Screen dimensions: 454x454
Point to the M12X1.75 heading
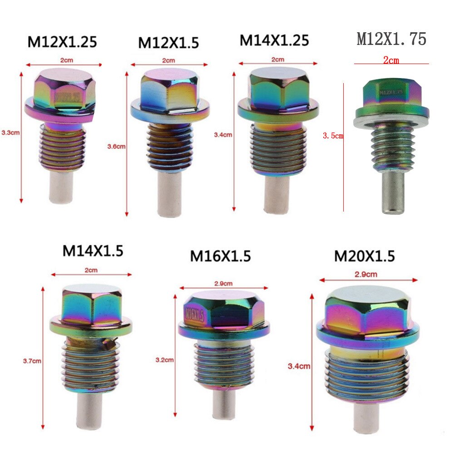391,39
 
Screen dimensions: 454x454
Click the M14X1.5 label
93,251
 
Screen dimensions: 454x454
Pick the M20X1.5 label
365,256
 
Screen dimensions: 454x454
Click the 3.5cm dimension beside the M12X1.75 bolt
333,135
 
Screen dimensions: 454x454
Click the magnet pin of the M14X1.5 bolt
89,411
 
